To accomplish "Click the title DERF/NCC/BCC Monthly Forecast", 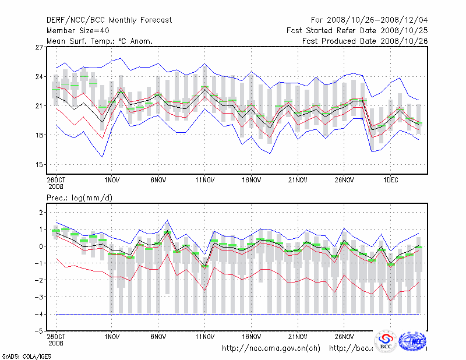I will coord(109,20).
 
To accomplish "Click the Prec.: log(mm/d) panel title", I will coord(80,199).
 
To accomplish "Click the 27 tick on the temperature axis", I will coord(40,47).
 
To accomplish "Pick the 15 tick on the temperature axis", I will coord(40,165).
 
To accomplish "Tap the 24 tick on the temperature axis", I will coord(40,77).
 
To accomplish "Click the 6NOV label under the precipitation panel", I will coord(158,337).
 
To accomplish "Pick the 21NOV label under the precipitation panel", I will coord(298,337).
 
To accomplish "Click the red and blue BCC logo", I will coord(386,342).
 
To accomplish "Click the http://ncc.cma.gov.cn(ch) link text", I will coord(271,348).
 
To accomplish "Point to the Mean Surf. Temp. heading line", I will coord(100,41).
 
